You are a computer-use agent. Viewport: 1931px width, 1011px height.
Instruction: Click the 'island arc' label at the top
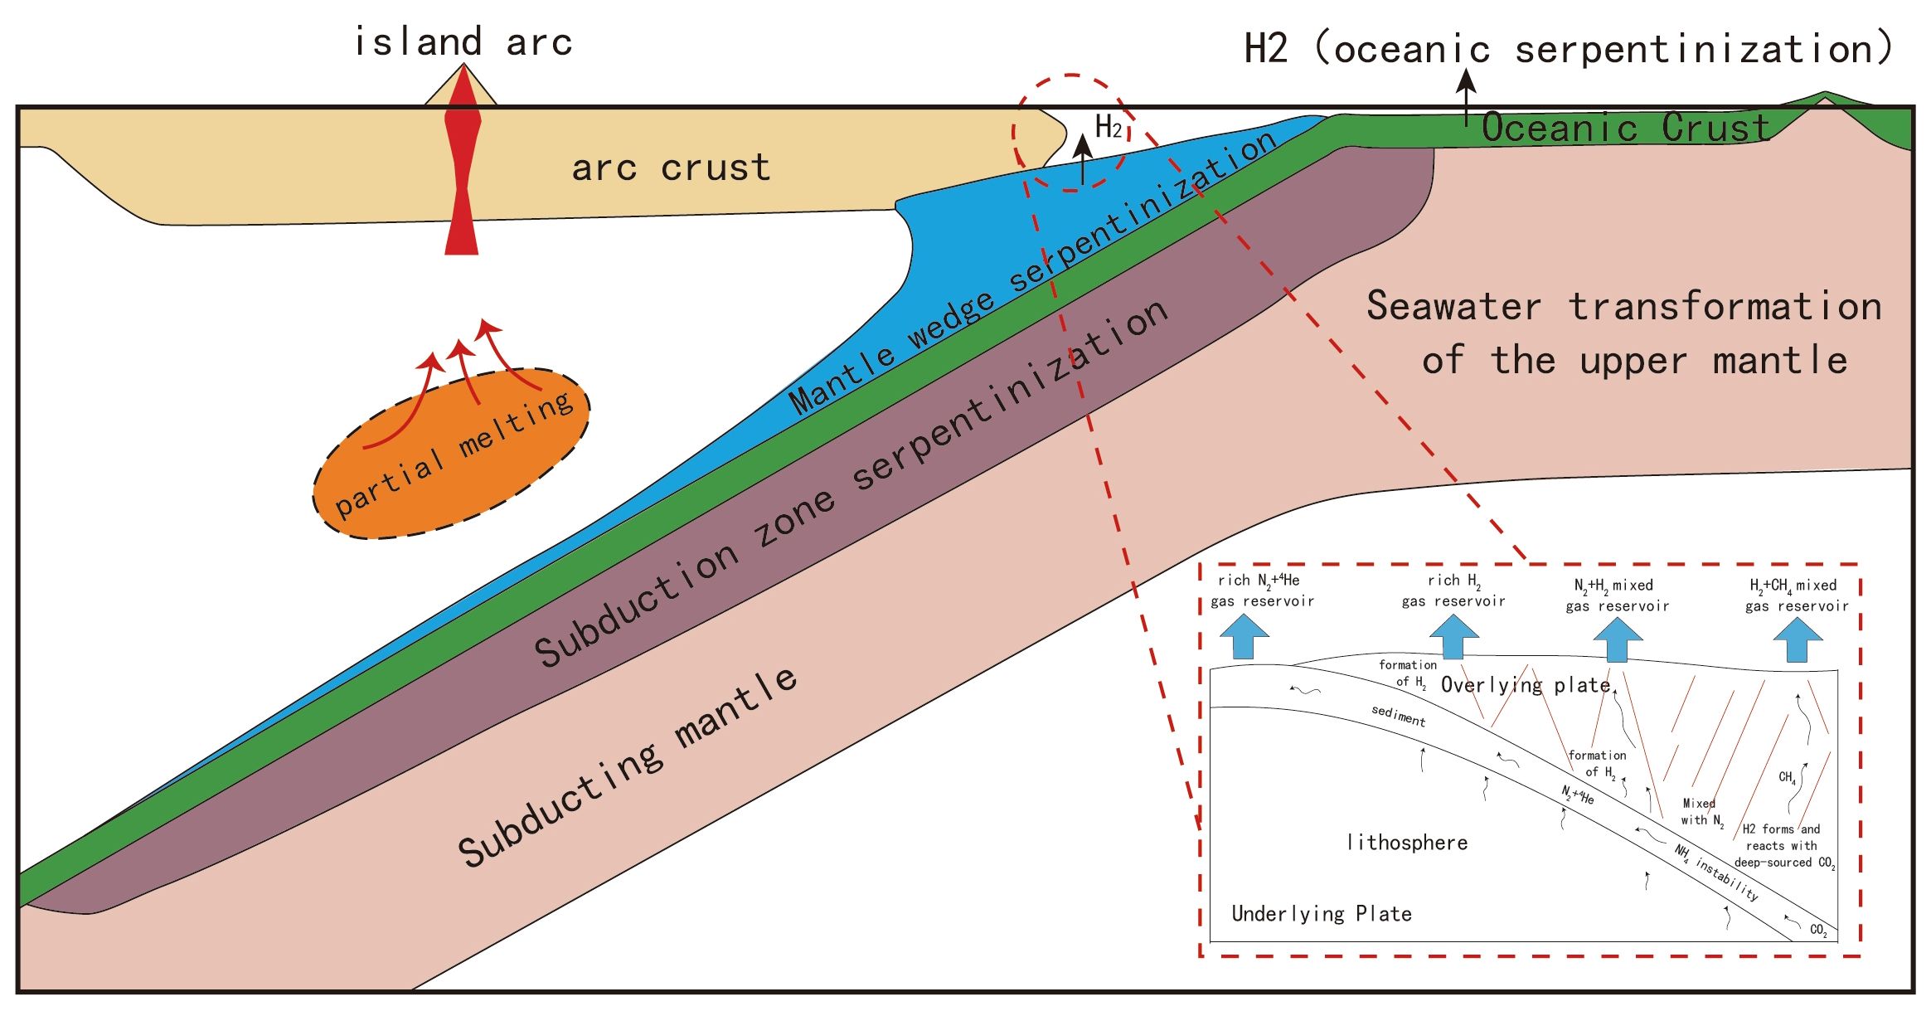click(x=463, y=42)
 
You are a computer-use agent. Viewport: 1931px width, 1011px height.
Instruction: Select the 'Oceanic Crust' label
click(x=1625, y=128)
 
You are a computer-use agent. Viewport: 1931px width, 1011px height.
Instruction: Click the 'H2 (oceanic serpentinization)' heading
click(x=1567, y=48)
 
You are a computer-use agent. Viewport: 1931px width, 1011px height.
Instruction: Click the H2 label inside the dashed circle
click(x=1109, y=127)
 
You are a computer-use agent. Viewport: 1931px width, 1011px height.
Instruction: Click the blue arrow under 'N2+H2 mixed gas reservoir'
click(x=1618, y=640)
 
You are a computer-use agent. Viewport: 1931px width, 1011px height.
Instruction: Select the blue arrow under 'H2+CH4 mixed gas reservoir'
click(x=1797, y=640)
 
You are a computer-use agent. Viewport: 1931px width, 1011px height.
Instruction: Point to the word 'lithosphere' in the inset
click(x=1407, y=843)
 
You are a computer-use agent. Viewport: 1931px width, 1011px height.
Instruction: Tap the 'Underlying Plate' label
click(x=1322, y=914)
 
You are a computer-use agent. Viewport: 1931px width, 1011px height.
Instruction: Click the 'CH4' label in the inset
click(x=1787, y=777)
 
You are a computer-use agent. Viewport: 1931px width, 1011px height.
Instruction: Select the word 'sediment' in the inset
click(x=1398, y=715)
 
